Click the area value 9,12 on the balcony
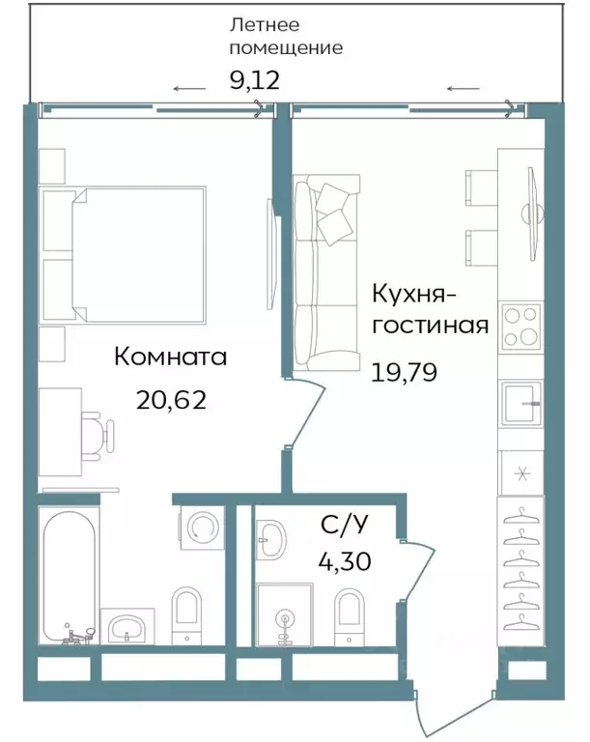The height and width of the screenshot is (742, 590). coord(254,79)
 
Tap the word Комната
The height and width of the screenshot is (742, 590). coord(170,357)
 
